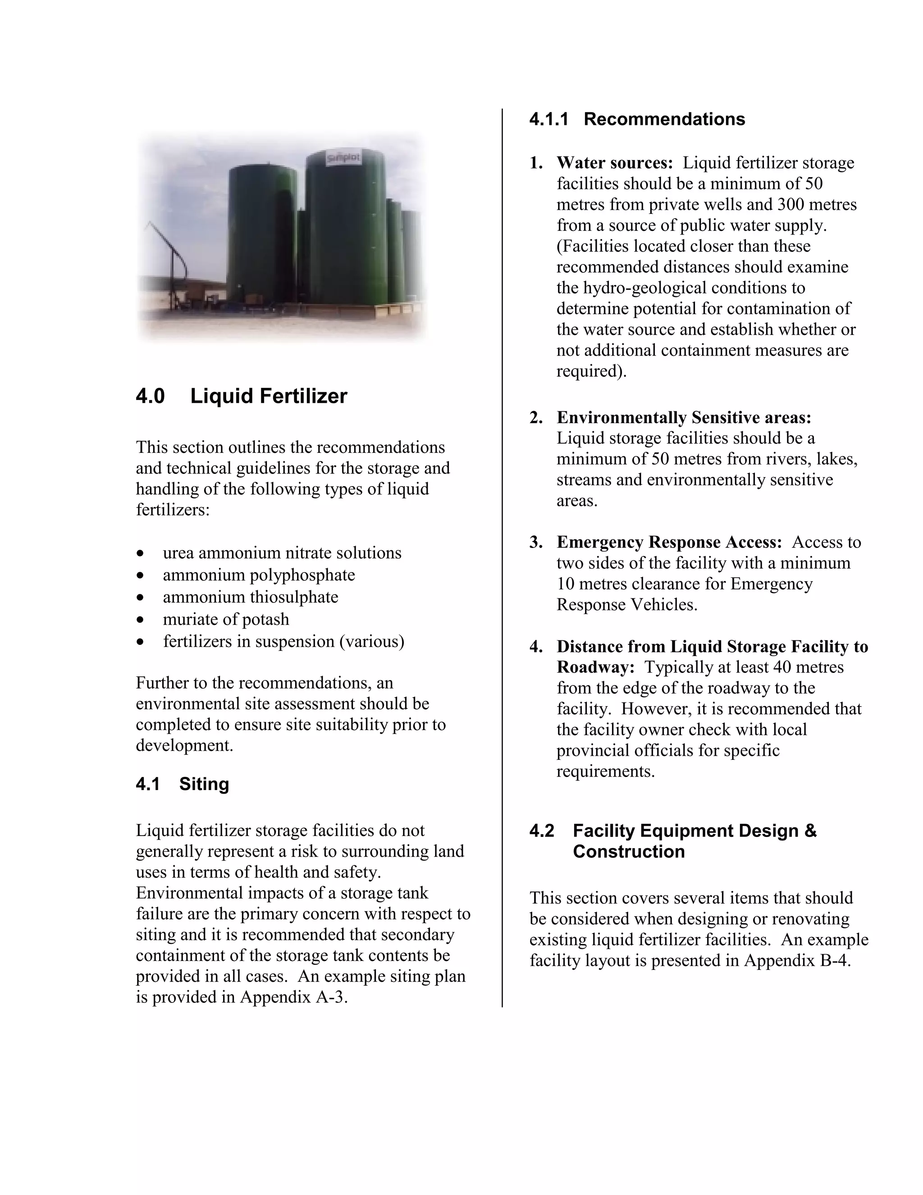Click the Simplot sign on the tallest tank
pos(344,159)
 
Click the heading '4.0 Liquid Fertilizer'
pos(241,396)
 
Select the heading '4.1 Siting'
pos(182,784)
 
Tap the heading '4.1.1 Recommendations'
pos(636,119)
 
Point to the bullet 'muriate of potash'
pos(226,620)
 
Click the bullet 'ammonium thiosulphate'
pos(251,597)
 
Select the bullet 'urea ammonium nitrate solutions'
pos(282,553)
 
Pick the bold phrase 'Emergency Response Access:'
pos(669,542)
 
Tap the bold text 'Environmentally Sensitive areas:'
pos(684,418)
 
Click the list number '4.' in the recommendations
pos(536,647)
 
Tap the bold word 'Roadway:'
pos(595,667)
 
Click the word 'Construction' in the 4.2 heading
pos(628,852)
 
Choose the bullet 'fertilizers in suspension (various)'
pos(283,641)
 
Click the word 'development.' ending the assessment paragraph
pos(184,746)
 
